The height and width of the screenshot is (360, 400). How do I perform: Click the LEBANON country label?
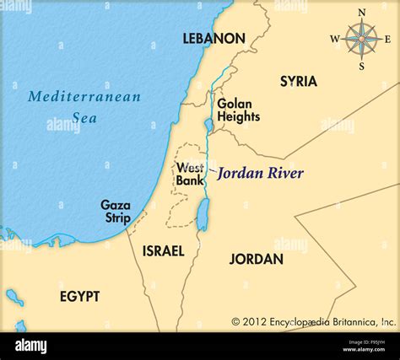214,39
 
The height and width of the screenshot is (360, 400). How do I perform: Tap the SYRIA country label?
298,82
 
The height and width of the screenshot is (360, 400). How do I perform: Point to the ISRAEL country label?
163,251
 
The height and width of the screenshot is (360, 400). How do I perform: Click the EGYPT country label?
79,296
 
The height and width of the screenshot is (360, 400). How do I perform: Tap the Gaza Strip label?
116,211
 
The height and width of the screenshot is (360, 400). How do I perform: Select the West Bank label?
189,174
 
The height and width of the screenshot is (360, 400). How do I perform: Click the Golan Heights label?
238,110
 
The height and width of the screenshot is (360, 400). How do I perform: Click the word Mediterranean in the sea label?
84,96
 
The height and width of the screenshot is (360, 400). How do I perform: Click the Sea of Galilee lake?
208,126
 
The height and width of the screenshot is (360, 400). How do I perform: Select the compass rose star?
361,39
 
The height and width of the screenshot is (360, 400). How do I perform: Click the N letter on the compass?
362,13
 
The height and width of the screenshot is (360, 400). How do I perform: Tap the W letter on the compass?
334,39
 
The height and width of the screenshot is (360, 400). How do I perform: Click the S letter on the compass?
362,65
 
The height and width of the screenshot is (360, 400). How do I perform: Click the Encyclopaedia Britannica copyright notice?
313,321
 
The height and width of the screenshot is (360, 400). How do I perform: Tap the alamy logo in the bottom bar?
30,346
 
